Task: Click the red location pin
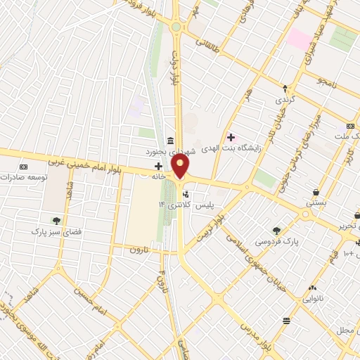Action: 181,167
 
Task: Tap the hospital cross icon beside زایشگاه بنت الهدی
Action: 231,136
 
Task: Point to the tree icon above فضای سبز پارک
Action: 56,220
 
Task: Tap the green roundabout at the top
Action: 175,27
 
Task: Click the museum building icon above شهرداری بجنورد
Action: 172,141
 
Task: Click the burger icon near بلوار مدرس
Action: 286,321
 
